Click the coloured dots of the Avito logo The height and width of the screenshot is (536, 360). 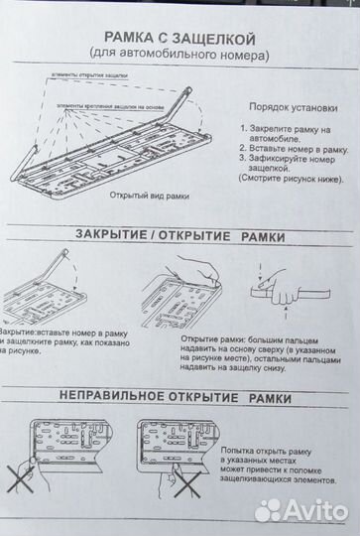click(x=270, y=509)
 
